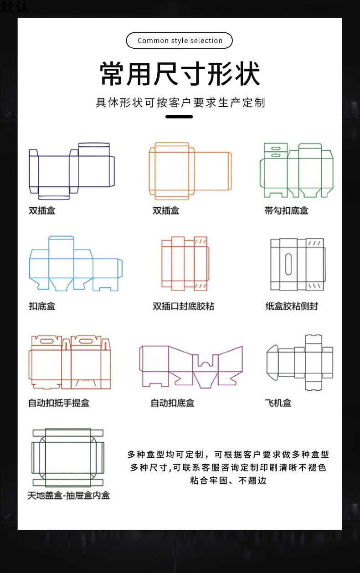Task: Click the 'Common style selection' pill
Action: [x=180, y=41]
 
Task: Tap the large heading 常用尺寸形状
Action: [x=180, y=73]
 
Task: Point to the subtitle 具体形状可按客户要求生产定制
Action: [x=180, y=102]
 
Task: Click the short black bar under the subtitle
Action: [x=179, y=117]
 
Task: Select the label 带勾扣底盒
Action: [x=286, y=210]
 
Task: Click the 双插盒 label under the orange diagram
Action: [x=166, y=210]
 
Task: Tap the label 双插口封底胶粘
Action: [x=183, y=306]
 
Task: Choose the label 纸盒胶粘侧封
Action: [x=291, y=306]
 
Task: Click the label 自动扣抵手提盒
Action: [x=58, y=403]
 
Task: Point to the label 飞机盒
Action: [x=278, y=403]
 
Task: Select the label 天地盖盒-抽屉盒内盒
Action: [x=68, y=495]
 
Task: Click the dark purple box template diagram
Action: [x=72, y=171]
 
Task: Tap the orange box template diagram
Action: [x=190, y=171]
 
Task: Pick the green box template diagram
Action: [x=296, y=170]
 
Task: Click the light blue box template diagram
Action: [x=76, y=263]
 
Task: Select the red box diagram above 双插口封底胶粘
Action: [x=185, y=263]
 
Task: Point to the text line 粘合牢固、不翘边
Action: [x=228, y=481]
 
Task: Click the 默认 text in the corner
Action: [x=14, y=6]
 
